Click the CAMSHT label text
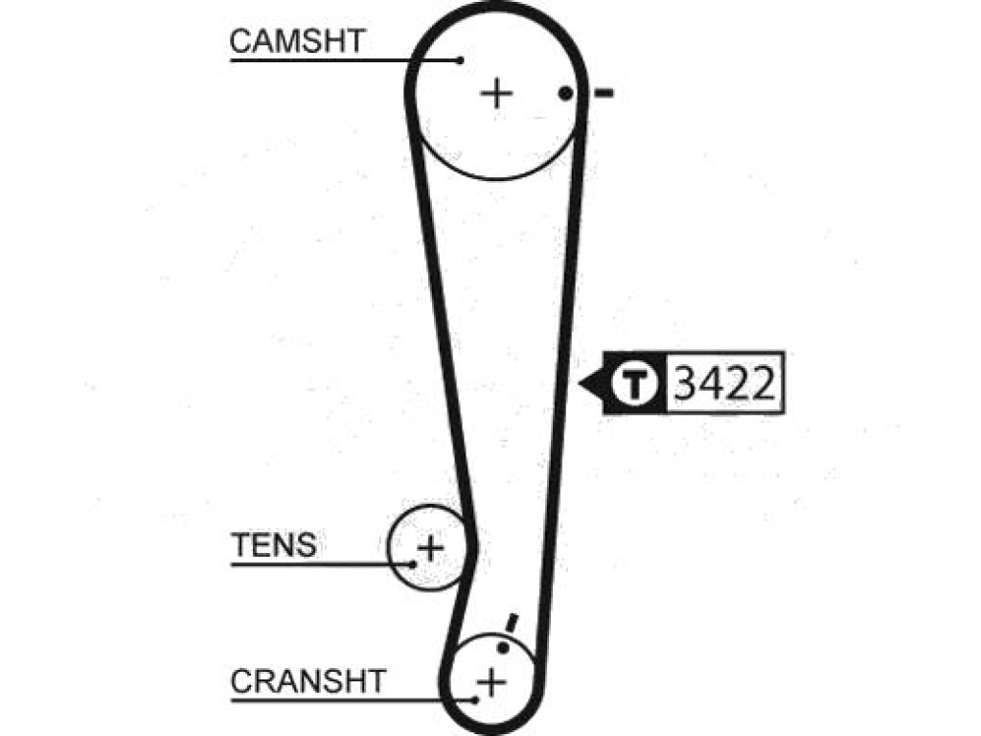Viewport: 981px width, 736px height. (x=297, y=41)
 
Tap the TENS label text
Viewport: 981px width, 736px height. (x=274, y=544)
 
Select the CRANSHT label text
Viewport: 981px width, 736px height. (x=308, y=681)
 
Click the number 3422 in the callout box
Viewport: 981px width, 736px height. (x=724, y=383)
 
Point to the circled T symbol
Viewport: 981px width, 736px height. (x=635, y=383)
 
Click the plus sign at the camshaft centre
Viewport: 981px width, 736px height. (x=497, y=94)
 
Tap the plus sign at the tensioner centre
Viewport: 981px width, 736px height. (x=430, y=548)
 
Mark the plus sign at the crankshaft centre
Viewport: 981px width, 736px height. (x=491, y=681)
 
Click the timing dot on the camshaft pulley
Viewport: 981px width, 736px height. (x=565, y=94)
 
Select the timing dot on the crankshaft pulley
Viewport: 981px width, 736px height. (x=503, y=648)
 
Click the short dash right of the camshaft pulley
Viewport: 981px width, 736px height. (x=604, y=94)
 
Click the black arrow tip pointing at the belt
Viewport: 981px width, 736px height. (x=580, y=383)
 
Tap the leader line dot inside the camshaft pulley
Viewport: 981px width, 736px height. (x=461, y=60)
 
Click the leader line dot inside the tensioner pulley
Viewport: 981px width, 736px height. (x=413, y=564)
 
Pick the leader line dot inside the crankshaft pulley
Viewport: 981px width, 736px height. (x=475, y=700)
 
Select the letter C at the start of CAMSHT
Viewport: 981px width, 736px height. (x=241, y=41)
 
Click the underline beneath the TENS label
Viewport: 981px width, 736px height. (x=322, y=564)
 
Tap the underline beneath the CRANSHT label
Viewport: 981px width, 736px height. (x=353, y=700)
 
